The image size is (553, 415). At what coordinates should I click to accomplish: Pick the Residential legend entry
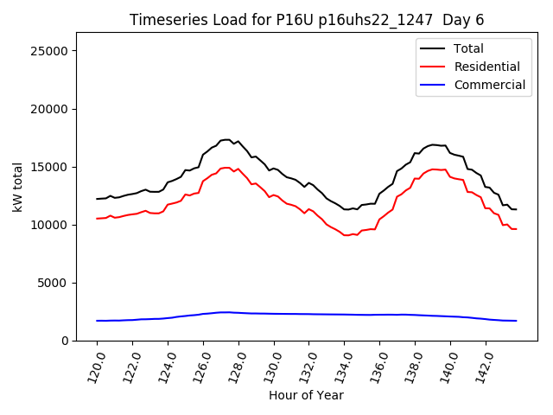pos(486,67)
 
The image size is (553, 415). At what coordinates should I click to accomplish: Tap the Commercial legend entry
pos(489,85)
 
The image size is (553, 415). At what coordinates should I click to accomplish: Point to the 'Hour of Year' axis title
pos(306,395)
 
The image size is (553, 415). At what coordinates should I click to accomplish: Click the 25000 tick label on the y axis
pos(50,51)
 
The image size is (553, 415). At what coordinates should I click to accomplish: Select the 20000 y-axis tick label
pos(50,109)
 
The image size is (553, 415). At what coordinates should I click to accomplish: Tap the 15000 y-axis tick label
pos(50,167)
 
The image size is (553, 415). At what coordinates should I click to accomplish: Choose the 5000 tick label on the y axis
pos(54,283)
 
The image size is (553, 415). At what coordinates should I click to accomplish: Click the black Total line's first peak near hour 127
pos(226,139)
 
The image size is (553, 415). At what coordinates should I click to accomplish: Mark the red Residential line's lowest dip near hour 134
pos(346,235)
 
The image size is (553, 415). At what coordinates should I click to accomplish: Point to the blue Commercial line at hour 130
pos(274,314)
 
